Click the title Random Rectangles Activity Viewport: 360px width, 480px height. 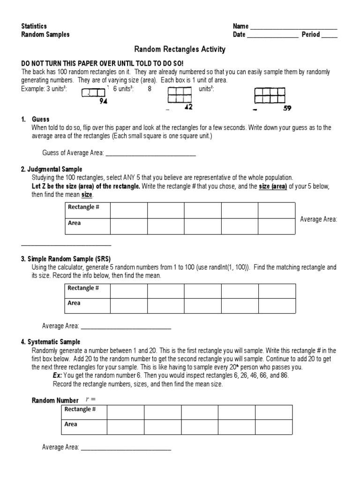[x=180, y=49]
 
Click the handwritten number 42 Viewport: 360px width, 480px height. [x=188, y=107]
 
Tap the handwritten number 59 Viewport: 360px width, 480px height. [x=287, y=108]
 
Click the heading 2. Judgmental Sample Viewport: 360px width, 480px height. [x=52, y=169]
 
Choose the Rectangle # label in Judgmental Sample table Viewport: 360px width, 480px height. [x=83, y=207]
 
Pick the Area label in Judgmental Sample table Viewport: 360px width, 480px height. [x=74, y=223]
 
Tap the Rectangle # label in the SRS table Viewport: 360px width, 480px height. [x=83, y=288]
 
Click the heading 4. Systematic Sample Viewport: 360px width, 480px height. [x=51, y=342]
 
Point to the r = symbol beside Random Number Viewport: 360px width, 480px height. [x=90, y=399]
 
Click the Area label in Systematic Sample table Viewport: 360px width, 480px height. [x=71, y=424]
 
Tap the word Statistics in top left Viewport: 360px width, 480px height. [x=34, y=26]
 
